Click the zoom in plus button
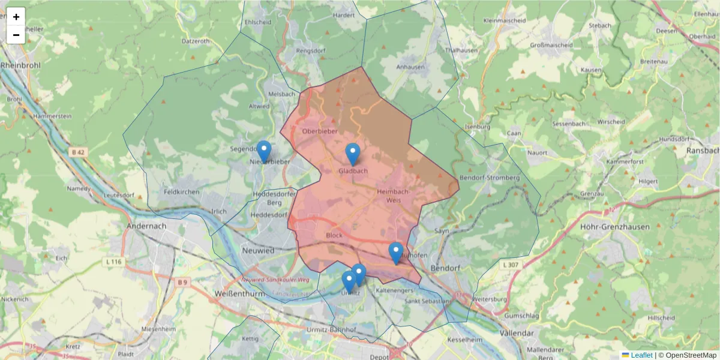point(16,17)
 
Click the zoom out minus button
point(16,35)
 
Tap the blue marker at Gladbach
point(353,154)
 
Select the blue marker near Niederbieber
point(264,151)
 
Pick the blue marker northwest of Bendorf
point(395,253)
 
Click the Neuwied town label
point(257,250)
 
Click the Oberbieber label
point(320,131)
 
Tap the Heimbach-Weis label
point(393,196)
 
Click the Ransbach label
point(703,150)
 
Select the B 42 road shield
point(78,152)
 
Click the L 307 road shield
point(511,265)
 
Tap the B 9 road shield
point(182,281)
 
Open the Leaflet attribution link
point(640,355)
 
